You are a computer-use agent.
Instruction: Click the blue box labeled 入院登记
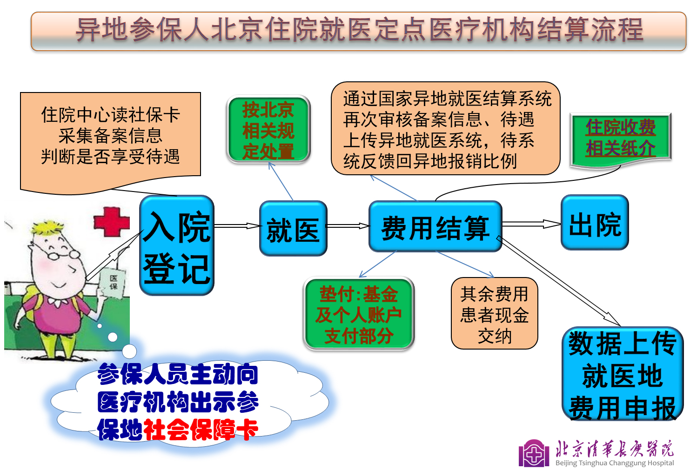pyautogui.click(x=177, y=245)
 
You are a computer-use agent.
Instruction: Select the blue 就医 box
pyautogui.click(x=293, y=228)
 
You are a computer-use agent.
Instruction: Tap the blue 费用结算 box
pyautogui.click(x=435, y=226)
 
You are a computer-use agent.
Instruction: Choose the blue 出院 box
pyautogui.click(x=595, y=222)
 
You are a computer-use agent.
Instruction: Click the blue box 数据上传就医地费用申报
pyautogui.click(x=623, y=374)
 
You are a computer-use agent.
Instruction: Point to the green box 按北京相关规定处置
pyautogui.click(x=268, y=129)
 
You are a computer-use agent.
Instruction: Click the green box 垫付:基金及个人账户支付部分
pyautogui.click(x=359, y=314)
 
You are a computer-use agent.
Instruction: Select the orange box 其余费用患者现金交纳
pyautogui.click(x=495, y=313)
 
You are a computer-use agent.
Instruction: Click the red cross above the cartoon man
pyautogui.click(x=112, y=222)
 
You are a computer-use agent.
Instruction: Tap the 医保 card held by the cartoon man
pyautogui.click(x=113, y=283)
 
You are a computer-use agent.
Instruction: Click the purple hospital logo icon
pyautogui.click(x=534, y=453)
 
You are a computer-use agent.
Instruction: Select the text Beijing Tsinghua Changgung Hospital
pyautogui.click(x=615, y=463)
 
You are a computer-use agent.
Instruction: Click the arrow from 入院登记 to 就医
pyautogui.click(x=237, y=226)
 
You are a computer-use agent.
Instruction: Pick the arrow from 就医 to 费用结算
pyautogui.click(x=348, y=226)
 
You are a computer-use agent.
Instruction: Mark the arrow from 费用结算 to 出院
pyautogui.click(x=532, y=224)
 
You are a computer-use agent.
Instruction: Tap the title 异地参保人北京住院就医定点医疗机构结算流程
pyautogui.click(x=360, y=30)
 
